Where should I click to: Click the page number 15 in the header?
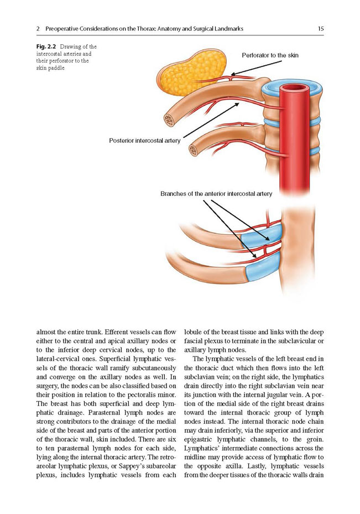(321, 29)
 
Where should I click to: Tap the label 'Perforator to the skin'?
(270, 55)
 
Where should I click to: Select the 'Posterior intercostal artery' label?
(144, 141)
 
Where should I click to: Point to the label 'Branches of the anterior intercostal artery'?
(216, 194)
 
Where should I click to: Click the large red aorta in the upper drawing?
(295, 138)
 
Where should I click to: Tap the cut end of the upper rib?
(169, 120)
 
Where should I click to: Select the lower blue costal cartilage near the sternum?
(263, 267)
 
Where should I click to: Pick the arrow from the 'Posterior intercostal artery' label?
(211, 120)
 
